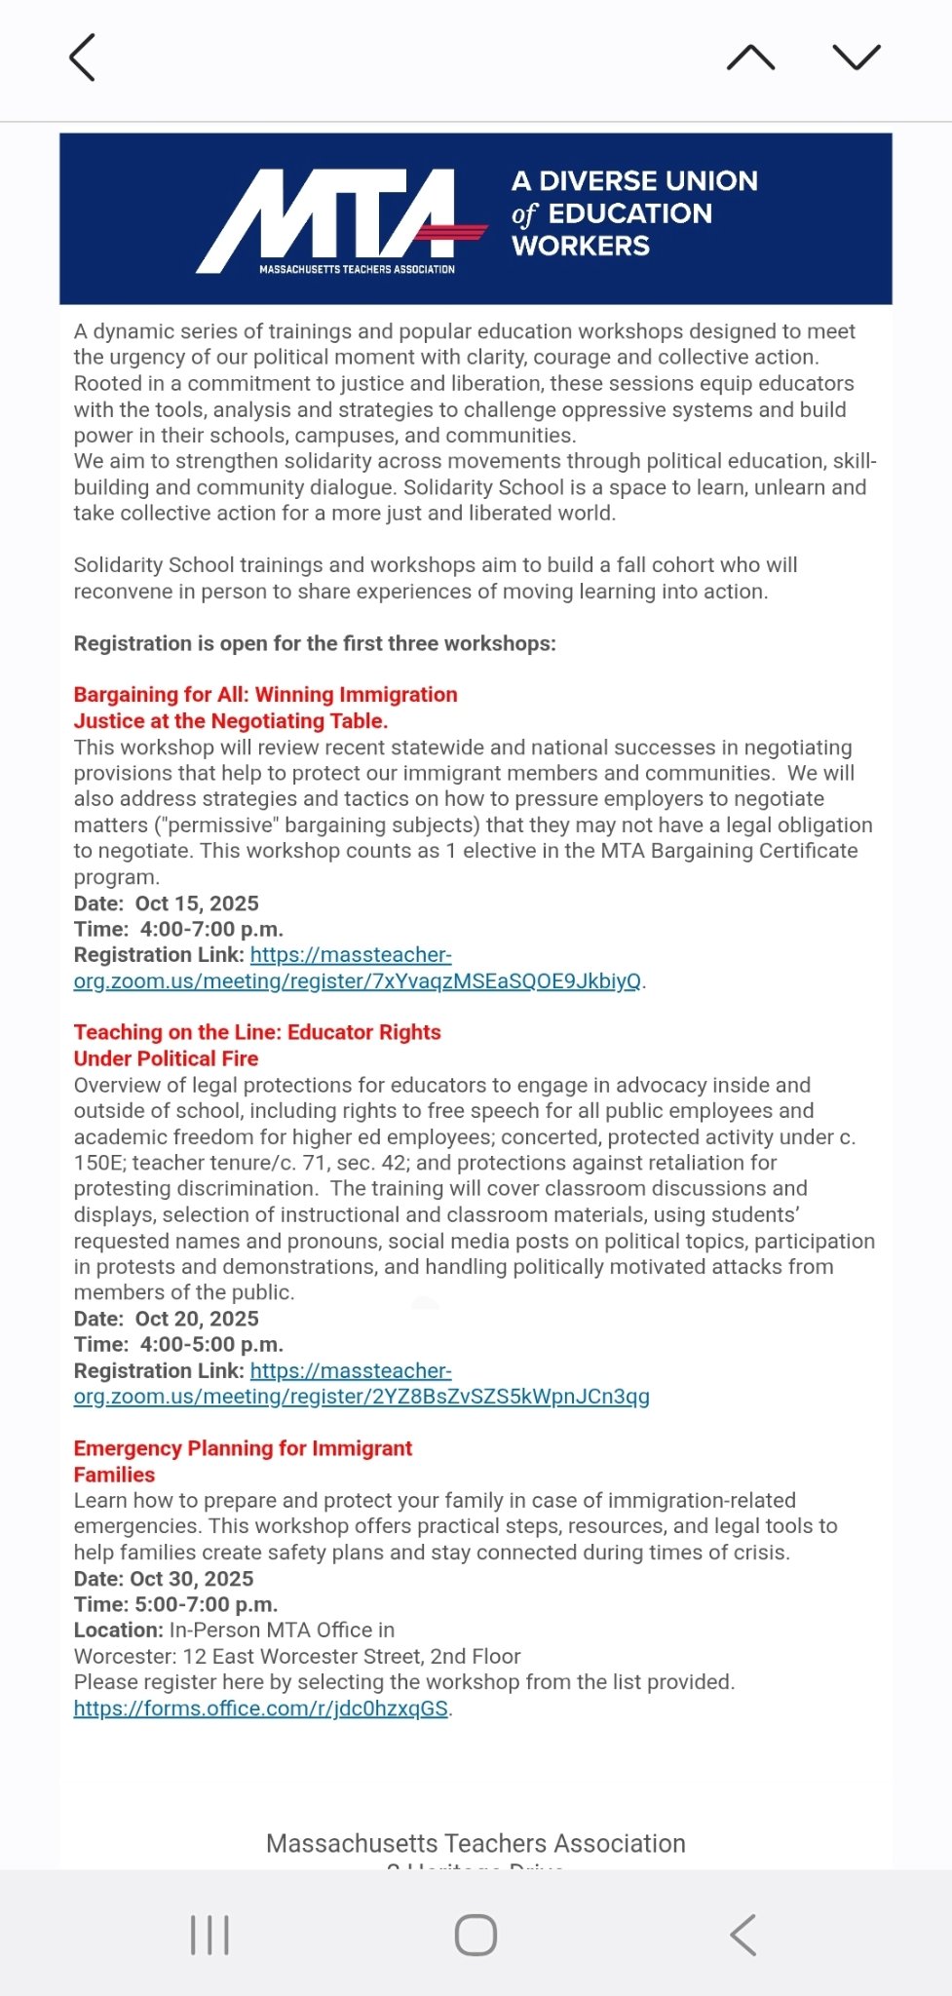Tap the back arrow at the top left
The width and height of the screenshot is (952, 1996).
pyautogui.click(x=83, y=58)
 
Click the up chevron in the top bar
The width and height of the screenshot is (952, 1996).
pyautogui.click(x=750, y=58)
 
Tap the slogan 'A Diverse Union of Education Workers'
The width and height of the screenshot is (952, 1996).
pyautogui.click(x=633, y=213)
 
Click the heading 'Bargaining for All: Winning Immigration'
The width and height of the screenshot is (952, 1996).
pyautogui.click(x=265, y=695)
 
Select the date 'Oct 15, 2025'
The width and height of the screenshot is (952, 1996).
pyautogui.click(x=197, y=903)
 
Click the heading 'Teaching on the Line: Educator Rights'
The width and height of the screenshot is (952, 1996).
pyautogui.click(x=257, y=1032)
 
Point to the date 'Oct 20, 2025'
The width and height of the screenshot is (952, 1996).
pyautogui.click(x=197, y=1319)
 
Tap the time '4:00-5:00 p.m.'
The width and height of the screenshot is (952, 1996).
pyautogui.click(x=211, y=1345)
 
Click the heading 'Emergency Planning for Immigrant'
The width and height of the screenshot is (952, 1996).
pyautogui.click(x=243, y=1448)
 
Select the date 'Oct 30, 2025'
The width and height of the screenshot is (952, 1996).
pyautogui.click(x=192, y=1579)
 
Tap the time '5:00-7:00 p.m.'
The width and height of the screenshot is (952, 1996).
pyautogui.click(x=204, y=1604)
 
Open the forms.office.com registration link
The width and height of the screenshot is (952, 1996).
pyautogui.click(x=260, y=1708)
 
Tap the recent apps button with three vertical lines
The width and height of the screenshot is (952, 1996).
pyautogui.click(x=209, y=1935)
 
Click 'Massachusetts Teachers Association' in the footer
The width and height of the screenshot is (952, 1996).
pyautogui.click(x=476, y=1844)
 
